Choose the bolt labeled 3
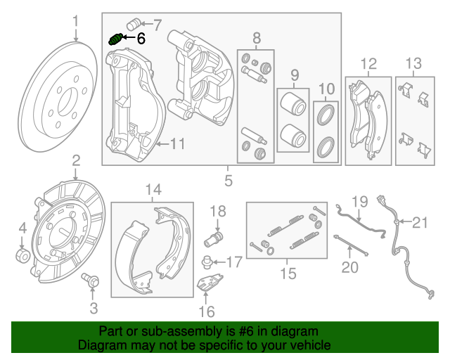(91, 281)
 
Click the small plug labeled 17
(207, 263)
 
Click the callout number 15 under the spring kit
(288, 272)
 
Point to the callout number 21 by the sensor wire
(419, 224)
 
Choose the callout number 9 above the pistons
(295, 74)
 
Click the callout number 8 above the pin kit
(257, 37)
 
